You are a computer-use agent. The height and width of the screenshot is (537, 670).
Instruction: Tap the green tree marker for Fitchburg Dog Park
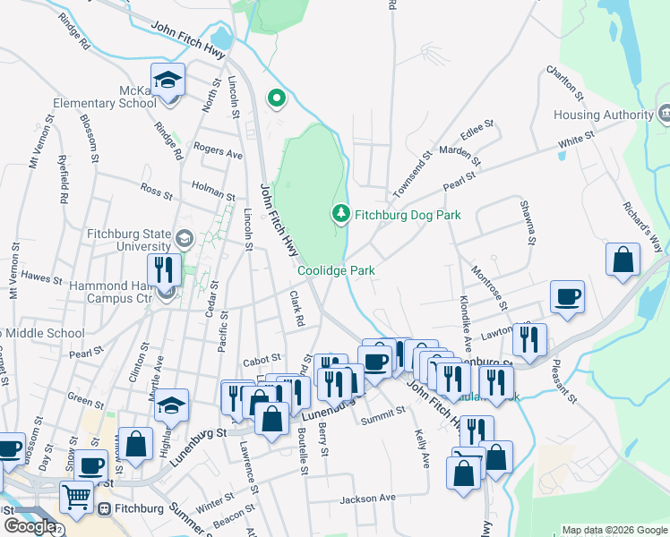coord(340,214)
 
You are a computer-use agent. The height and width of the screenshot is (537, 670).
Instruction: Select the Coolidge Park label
coord(336,270)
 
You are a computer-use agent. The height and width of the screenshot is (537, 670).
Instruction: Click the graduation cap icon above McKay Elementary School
coord(167,81)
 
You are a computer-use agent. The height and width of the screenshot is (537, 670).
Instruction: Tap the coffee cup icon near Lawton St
coord(567,296)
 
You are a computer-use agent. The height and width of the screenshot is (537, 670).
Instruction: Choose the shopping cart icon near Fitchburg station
coord(77,496)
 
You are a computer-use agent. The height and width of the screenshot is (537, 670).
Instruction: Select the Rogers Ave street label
coord(218,151)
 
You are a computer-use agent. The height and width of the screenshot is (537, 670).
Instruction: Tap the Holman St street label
coord(213,190)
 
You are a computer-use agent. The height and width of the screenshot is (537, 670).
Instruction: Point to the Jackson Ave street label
coord(367,498)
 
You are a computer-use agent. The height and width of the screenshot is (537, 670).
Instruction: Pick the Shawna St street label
coord(528,222)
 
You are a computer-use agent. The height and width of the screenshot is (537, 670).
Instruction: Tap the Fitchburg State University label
coord(128,241)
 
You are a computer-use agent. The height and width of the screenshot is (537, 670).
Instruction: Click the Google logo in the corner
coord(30,526)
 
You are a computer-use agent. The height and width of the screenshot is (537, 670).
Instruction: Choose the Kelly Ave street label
coord(422,448)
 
